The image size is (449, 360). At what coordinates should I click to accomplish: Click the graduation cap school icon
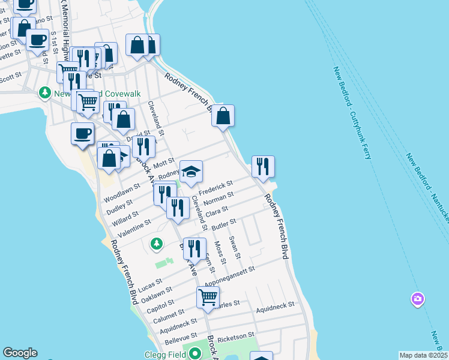click(x=191, y=172)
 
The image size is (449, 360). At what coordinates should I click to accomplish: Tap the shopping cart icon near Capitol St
click(x=208, y=297)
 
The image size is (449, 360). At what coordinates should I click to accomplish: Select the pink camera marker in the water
click(x=417, y=299)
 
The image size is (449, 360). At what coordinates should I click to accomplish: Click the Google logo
click(x=20, y=353)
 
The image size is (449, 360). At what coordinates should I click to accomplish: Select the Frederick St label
click(x=216, y=188)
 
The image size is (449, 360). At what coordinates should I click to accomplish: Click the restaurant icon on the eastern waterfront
click(x=263, y=167)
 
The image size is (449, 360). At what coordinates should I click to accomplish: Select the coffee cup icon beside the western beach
click(x=82, y=133)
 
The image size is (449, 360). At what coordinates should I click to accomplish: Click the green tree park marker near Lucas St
click(x=156, y=244)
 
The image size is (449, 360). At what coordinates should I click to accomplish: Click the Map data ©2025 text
click(x=423, y=355)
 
